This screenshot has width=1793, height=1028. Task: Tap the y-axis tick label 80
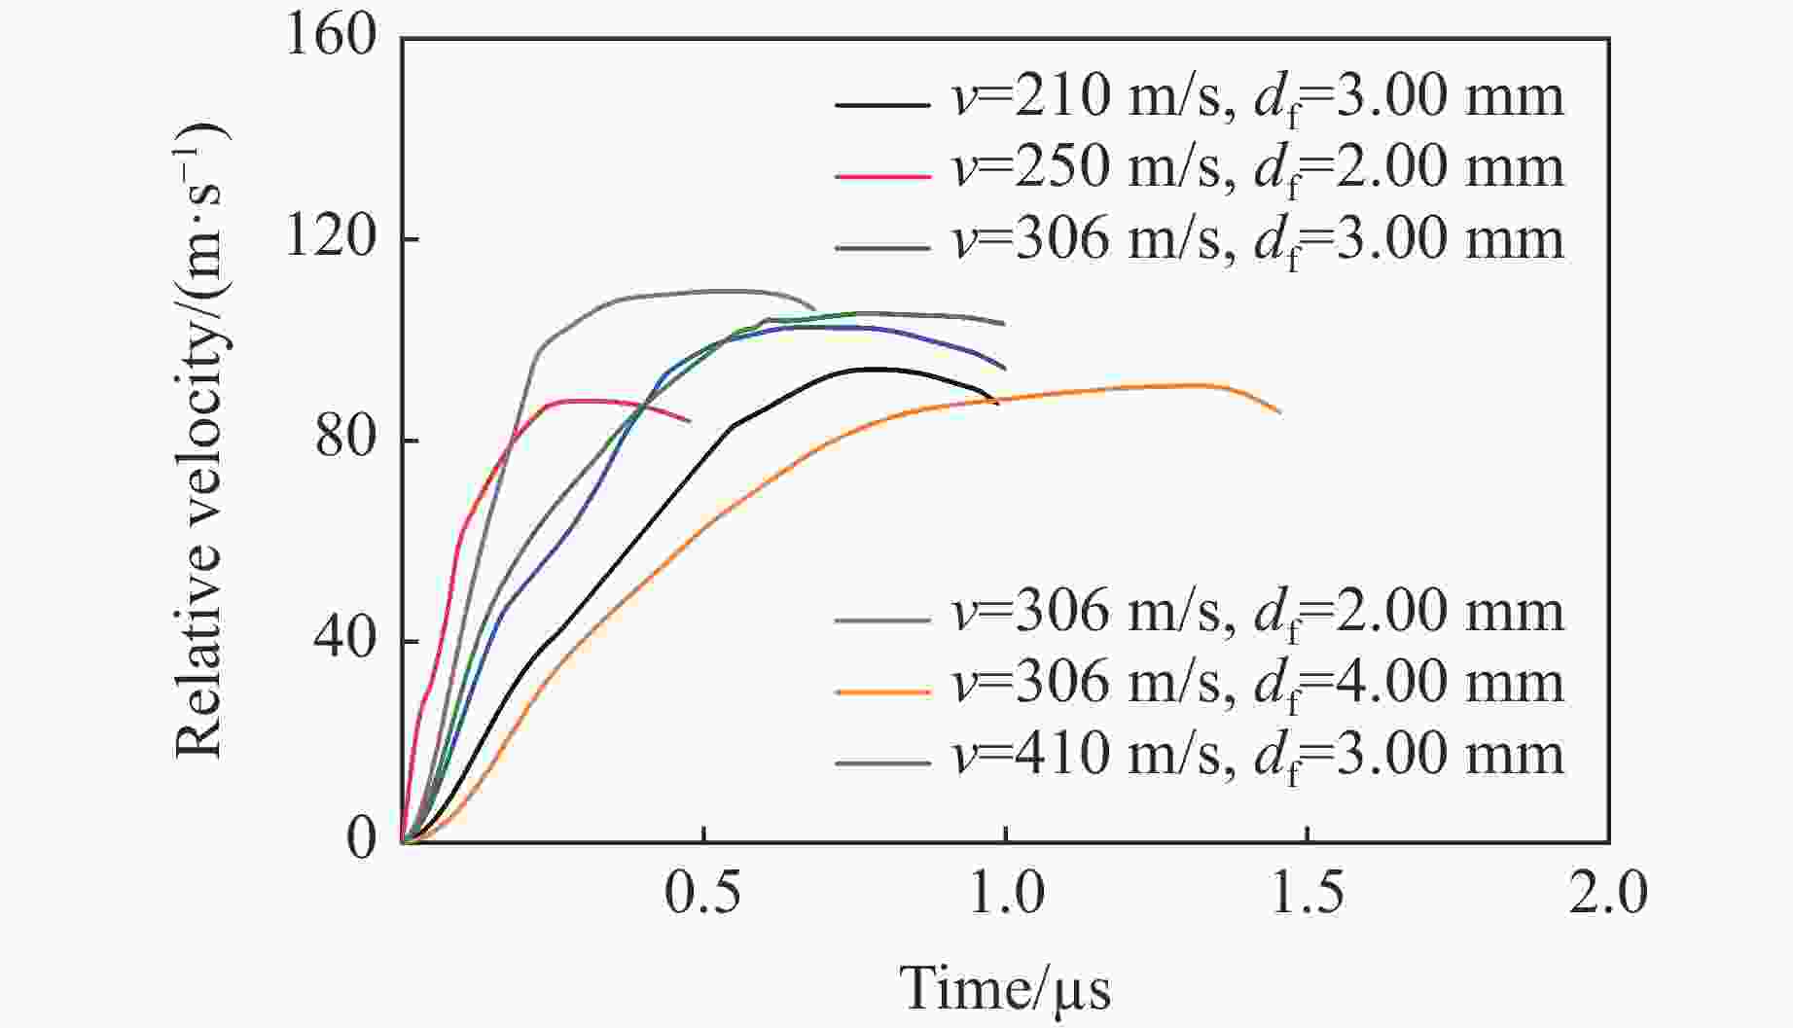pyautogui.click(x=345, y=439)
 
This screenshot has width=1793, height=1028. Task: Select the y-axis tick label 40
pyautogui.click(x=345, y=640)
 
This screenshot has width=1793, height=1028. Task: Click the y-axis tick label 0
pyautogui.click(x=361, y=840)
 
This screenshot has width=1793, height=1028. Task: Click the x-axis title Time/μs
pyautogui.click(x=1004, y=989)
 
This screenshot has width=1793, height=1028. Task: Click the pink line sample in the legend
pyautogui.click(x=881, y=175)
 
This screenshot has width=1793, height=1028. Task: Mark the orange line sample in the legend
pyautogui.click(x=881, y=691)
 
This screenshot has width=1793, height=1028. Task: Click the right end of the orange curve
pyautogui.click(x=1280, y=413)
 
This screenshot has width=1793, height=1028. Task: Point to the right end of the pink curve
pyautogui.click(x=690, y=421)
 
